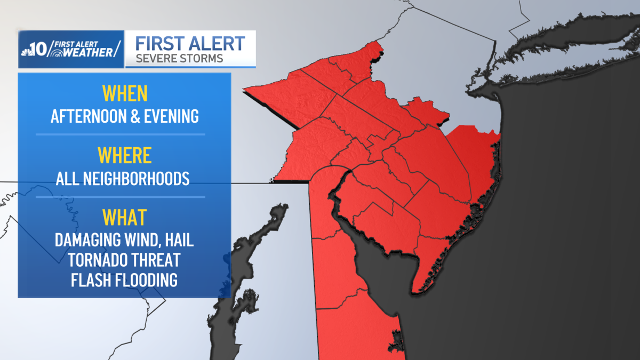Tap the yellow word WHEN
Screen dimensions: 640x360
coord(125,94)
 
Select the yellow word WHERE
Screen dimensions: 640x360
coord(125,156)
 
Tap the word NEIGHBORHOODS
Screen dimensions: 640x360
coord(136,178)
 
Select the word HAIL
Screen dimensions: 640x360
coord(178,239)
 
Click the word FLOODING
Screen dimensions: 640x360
coord(146,279)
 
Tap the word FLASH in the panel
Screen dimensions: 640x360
coord(90,279)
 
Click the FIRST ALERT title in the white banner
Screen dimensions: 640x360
coord(190,43)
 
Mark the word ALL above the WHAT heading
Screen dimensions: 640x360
coord(68,178)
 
